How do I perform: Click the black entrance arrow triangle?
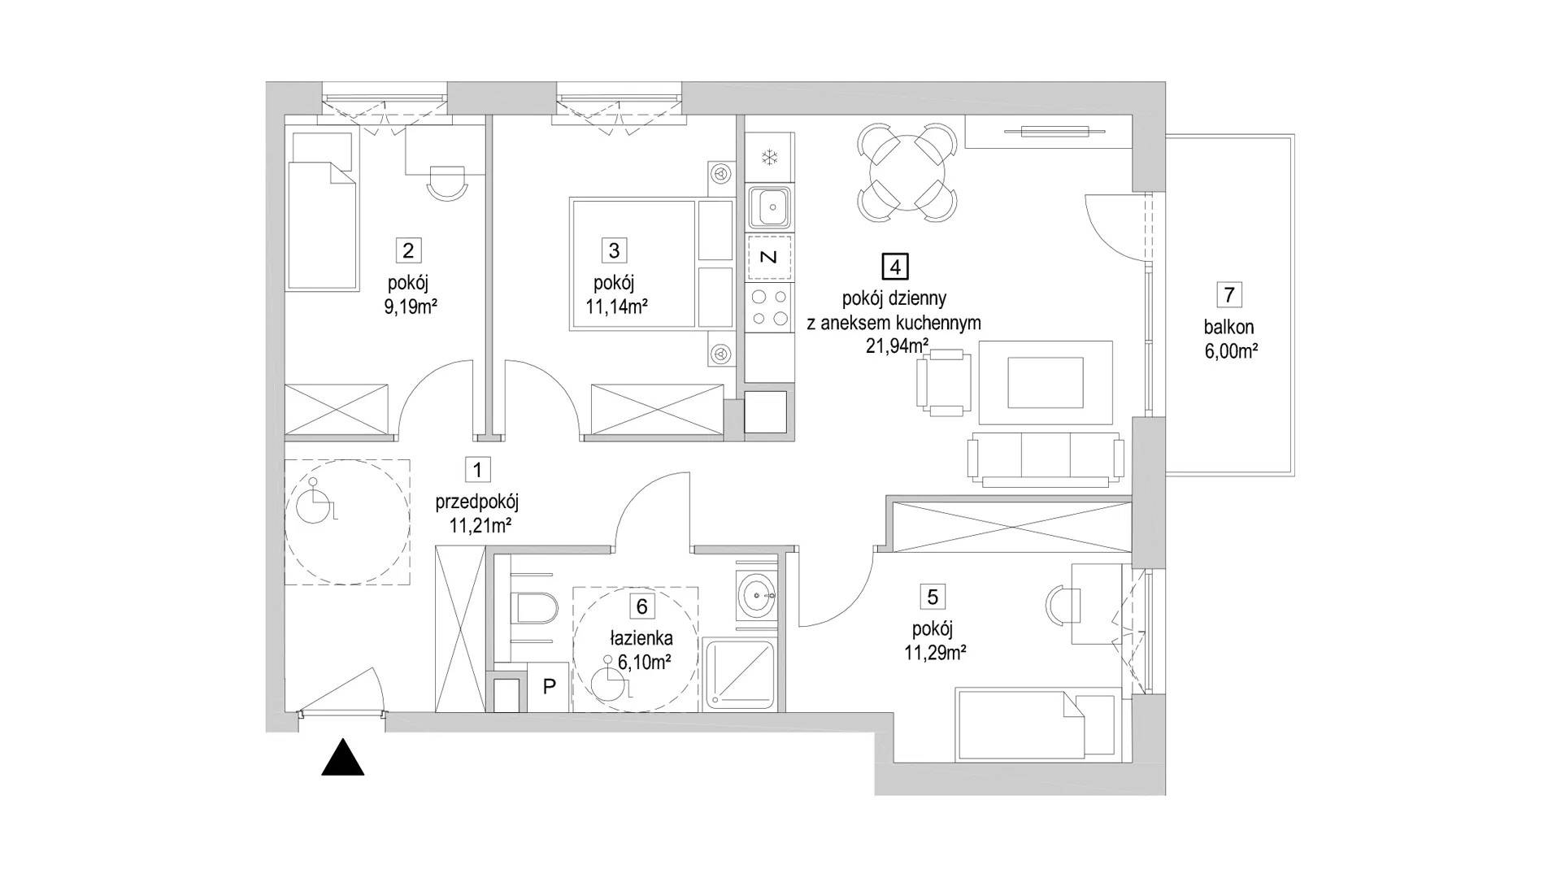click(x=342, y=757)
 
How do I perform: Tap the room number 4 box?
click(x=894, y=266)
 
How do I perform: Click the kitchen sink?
click(x=769, y=209)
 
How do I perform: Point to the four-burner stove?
click(x=769, y=307)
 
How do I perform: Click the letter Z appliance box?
click(x=769, y=258)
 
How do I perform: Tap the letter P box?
click(x=549, y=686)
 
